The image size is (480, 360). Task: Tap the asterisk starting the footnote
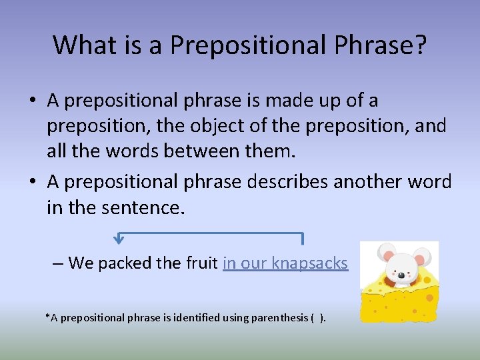tap(47, 316)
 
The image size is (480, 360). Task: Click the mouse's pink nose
tap(401, 275)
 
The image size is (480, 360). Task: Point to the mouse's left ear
tap(385, 253)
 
